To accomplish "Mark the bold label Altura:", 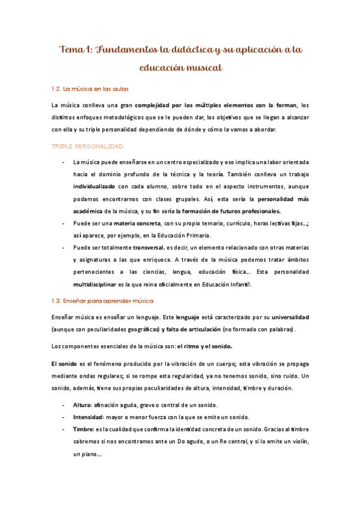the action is tap(84, 405).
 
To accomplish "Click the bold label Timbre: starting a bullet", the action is tap(85, 429).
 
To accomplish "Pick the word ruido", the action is tap(289, 376).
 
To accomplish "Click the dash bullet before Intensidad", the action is tap(64, 417).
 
